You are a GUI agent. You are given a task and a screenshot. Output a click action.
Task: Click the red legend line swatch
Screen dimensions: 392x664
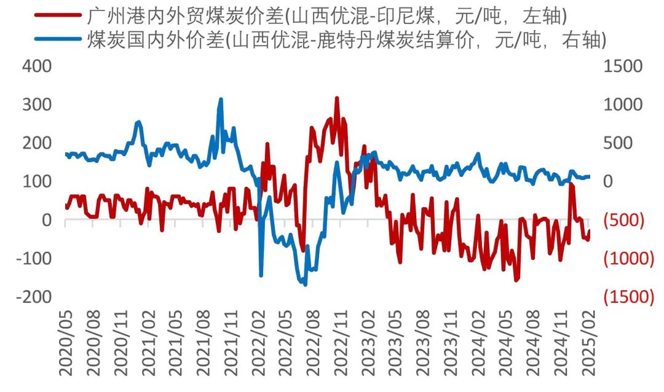point(58,14)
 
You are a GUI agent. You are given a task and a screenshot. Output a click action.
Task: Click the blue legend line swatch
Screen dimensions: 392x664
point(58,40)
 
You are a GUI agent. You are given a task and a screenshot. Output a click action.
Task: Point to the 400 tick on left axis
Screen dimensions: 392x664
point(37,66)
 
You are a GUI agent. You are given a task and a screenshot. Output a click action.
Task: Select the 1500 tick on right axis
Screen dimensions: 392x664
point(622,66)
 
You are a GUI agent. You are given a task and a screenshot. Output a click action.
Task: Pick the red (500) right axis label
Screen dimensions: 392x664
point(623,221)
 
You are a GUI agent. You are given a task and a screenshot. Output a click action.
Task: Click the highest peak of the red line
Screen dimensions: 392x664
point(336,98)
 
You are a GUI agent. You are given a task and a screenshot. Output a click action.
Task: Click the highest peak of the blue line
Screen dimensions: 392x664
point(221,99)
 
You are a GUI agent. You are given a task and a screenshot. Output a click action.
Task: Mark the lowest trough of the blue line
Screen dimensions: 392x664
point(305,284)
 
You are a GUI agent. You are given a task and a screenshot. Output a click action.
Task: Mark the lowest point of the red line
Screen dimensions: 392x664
point(516,280)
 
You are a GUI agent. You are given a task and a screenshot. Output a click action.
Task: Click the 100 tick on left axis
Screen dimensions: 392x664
point(37,181)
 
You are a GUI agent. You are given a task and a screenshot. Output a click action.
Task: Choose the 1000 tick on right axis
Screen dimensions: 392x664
point(622,104)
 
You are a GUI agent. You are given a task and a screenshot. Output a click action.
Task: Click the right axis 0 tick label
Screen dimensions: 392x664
point(609,182)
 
